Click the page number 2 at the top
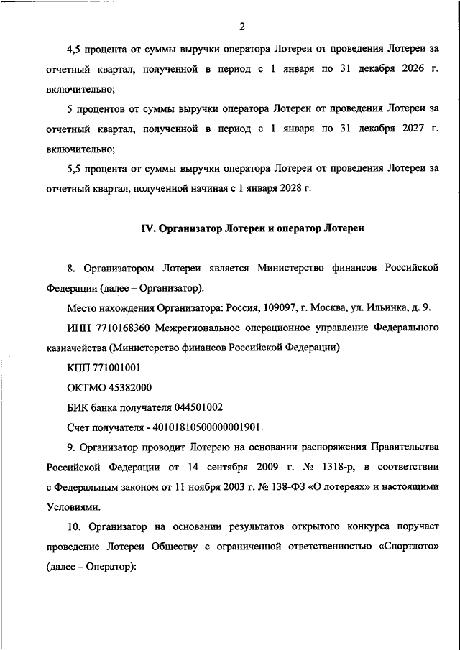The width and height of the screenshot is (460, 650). click(242, 27)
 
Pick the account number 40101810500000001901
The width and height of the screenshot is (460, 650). click(203, 426)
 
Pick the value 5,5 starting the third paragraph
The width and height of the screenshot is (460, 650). click(75, 170)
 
